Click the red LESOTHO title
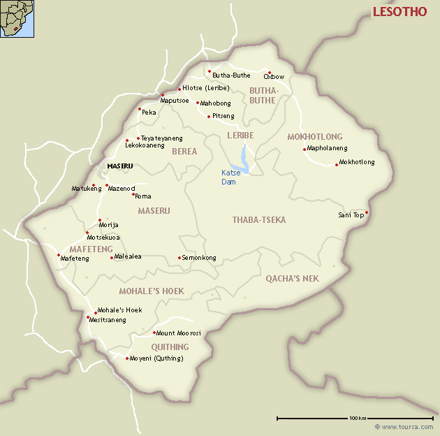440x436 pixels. (399, 12)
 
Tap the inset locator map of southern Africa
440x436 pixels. (17, 19)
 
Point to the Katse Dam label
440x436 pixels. (229, 177)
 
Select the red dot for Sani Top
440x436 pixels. (367, 212)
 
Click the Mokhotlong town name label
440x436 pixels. (357, 162)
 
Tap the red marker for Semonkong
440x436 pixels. (179, 258)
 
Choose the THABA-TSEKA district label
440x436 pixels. (259, 220)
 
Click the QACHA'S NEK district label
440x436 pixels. (292, 278)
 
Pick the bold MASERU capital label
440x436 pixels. (119, 166)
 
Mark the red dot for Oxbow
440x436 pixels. (269, 72)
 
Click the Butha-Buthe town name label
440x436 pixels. (231, 75)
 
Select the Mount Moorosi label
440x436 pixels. (179, 333)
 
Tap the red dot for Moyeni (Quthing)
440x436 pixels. (127, 358)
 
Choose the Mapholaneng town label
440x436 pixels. (328, 148)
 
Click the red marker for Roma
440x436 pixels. (133, 194)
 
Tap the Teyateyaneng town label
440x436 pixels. (163, 138)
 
